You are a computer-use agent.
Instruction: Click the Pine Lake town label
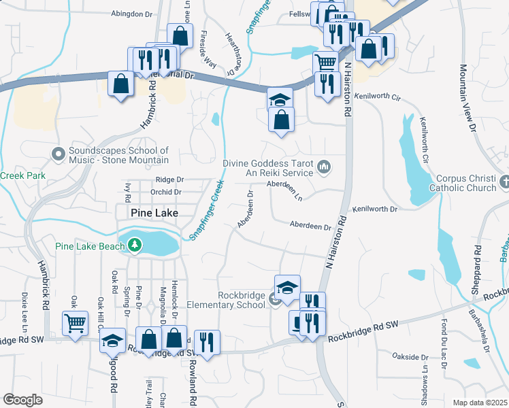[154, 213]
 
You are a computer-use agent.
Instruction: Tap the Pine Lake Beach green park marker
[135, 244]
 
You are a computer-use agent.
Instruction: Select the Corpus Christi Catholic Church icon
[504, 182]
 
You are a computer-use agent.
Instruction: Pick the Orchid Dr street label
[167, 192]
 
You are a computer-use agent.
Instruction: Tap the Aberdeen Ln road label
[284, 185]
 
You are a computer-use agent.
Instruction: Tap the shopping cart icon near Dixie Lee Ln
[75, 322]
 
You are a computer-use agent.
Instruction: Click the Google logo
[22, 400]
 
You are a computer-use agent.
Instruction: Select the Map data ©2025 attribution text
[479, 403]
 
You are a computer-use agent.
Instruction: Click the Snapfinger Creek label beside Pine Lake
[206, 209]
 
